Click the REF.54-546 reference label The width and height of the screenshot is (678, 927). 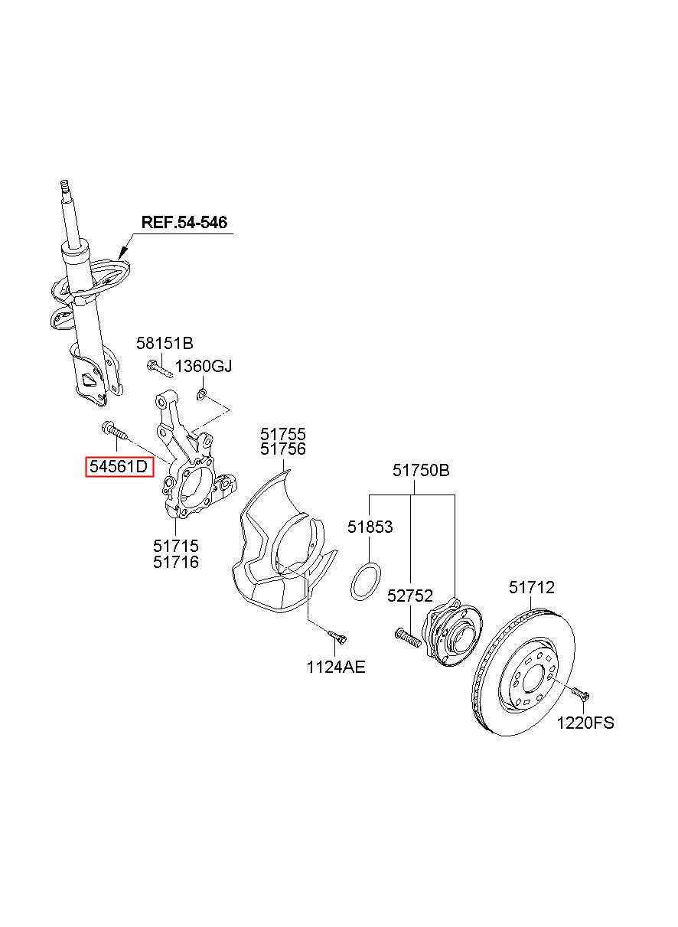point(184,222)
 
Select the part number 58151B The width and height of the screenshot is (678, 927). point(165,343)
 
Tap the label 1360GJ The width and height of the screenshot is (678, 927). point(203,366)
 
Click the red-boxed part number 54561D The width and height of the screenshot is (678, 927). point(119,467)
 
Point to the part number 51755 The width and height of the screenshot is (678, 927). point(283,434)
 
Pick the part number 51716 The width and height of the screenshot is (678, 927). point(176,562)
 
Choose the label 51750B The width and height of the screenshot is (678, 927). point(421,470)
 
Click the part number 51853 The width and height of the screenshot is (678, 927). point(370,527)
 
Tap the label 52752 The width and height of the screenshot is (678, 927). point(409,596)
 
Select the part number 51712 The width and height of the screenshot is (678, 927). point(532,587)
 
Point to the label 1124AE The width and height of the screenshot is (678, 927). point(336,667)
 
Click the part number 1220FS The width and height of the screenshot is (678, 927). point(585,723)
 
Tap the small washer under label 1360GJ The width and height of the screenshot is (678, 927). point(201,394)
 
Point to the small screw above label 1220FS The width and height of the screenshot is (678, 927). point(581,694)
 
